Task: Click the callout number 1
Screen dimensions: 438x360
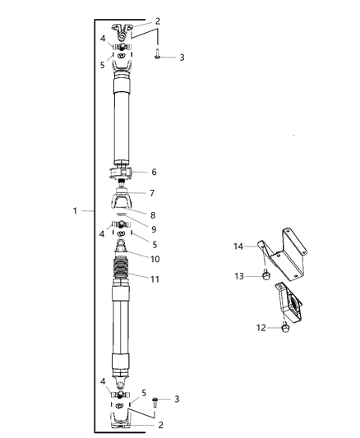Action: coord(75,211)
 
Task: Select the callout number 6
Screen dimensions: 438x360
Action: coord(154,173)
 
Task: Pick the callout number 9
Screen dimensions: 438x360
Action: coord(154,230)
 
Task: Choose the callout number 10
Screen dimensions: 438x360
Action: coord(154,259)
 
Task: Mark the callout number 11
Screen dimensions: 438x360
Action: coord(154,279)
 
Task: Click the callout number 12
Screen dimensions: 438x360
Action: coord(261,328)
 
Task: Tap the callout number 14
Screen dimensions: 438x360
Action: coord(238,245)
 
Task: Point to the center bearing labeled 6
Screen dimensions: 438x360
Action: coord(124,173)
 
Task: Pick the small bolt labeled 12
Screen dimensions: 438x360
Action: coord(285,329)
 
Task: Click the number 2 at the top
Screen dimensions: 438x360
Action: coord(158,21)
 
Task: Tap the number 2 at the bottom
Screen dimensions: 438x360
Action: coord(161,425)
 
